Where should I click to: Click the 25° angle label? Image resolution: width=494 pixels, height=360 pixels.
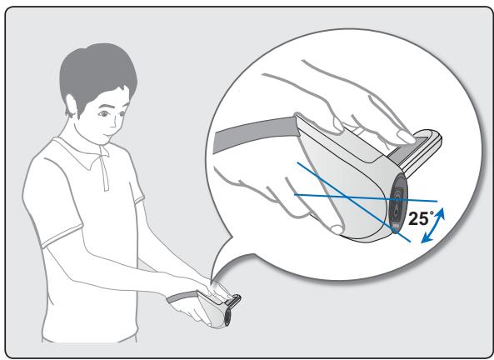tap(422, 218)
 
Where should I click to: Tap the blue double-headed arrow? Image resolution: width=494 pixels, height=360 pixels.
tap(433, 225)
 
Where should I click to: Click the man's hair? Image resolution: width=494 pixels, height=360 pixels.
tap(96, 75)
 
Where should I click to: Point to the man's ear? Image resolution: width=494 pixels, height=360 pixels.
tap(71, 106)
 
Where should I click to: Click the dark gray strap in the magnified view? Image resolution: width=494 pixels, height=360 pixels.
tap(255, 132)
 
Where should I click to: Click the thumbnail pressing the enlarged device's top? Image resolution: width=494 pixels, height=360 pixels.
tap(407, 137)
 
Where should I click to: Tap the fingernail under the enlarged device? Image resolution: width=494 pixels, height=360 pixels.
tap(337, 229)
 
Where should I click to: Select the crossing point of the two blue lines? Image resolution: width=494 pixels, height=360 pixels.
tap(347, 197)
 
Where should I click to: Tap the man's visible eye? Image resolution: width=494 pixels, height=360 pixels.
tap(103, 113)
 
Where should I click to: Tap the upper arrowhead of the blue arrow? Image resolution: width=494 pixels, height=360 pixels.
tap(441, 212)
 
